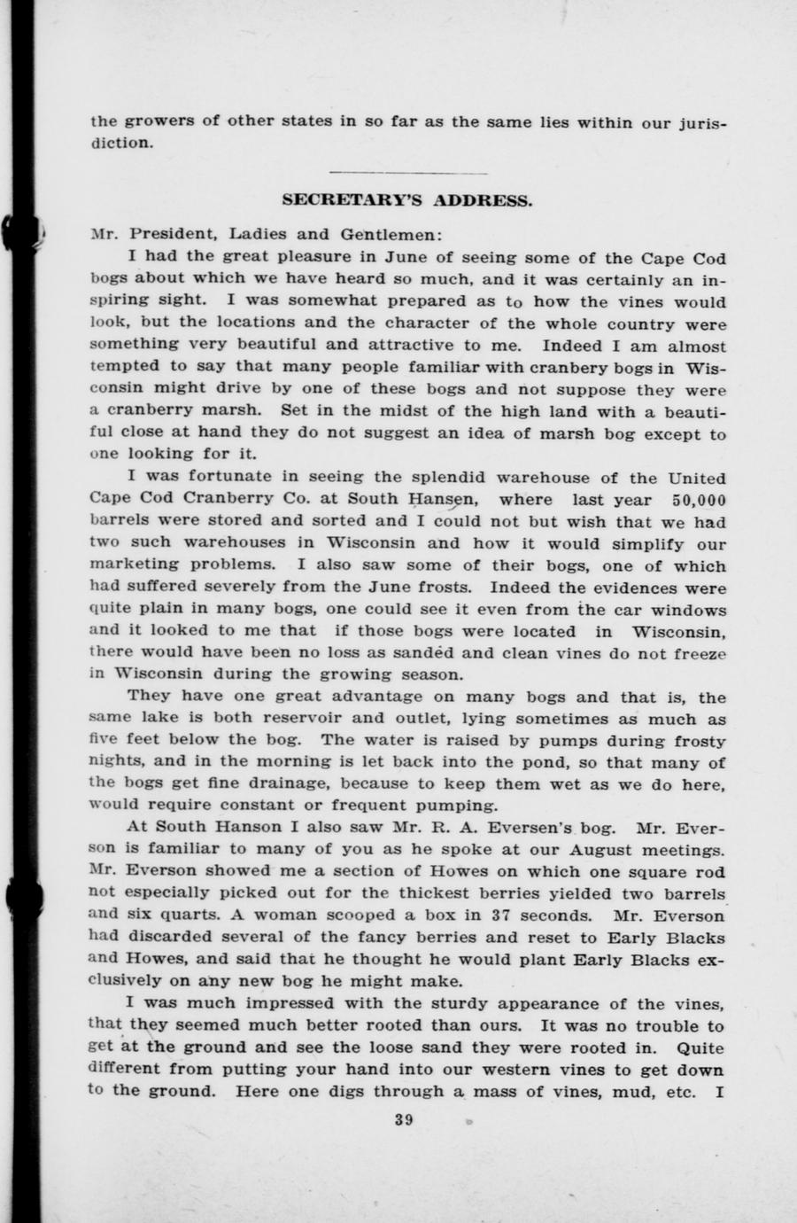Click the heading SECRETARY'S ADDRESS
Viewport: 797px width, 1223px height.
407,201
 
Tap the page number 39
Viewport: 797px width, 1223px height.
405,1119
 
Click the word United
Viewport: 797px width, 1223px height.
696,479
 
